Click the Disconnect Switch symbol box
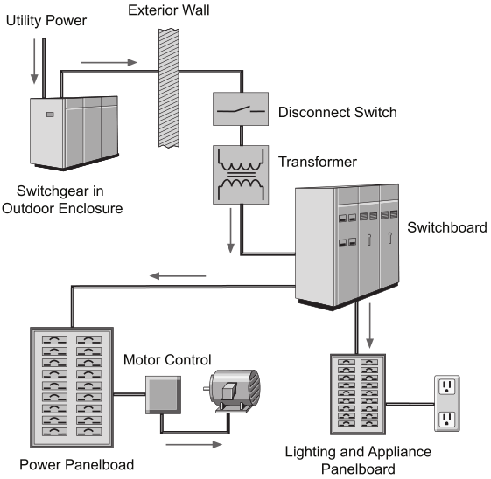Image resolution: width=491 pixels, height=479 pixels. pos(241,108)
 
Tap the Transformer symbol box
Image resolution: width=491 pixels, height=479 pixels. pos(241,175)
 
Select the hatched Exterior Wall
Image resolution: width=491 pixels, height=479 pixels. pos(169,88)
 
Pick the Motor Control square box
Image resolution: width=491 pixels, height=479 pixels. pos(163,395)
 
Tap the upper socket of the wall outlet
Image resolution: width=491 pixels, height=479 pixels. pos(447,386)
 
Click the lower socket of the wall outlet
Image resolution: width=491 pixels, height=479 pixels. pos(447,420)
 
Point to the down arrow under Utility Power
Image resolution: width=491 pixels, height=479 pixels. pos(34,61)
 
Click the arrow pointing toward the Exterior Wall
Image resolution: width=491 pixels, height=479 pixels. pos(109,63)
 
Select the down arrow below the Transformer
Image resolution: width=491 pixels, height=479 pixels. pos(230,231)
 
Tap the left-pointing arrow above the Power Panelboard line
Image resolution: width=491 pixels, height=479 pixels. pos(178,276)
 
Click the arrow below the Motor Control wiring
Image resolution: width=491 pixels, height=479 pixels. pos(194,444)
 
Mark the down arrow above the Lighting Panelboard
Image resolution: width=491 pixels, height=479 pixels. pos(370,325)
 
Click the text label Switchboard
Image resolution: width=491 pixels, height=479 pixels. pos(447,227)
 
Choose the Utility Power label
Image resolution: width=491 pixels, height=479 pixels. pos(46,21)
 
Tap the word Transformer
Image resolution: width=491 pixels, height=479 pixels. pos(318,162)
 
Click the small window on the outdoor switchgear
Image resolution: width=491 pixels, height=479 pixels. pos(50,115)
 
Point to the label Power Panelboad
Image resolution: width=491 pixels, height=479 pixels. pos(77,465)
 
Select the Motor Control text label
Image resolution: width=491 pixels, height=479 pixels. pos(167,360)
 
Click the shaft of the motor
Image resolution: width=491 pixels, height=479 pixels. pos(207,389)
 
